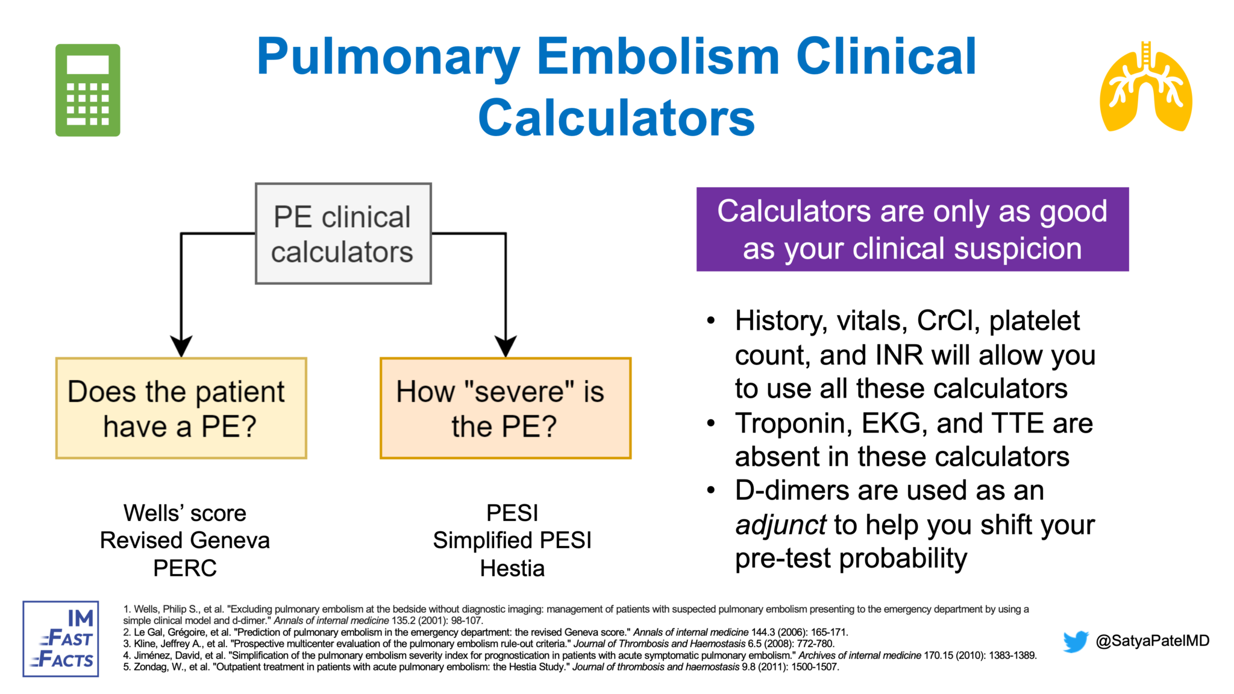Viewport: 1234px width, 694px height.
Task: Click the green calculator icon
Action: click(88, 90)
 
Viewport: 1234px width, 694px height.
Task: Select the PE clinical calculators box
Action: click(343, 234)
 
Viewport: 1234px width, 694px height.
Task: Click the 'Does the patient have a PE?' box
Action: click(181, 408)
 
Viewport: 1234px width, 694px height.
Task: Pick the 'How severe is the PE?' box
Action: click(505, 408)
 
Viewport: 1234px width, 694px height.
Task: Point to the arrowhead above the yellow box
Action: click(181, 346)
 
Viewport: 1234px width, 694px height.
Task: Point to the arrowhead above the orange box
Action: click(506, 346)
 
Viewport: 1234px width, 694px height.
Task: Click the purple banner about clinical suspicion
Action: click(912, 230)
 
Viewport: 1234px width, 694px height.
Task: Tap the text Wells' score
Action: click(185, 513)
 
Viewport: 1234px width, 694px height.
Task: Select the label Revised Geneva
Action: click(185, 540)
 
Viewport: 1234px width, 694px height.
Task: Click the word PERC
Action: click(185, 568)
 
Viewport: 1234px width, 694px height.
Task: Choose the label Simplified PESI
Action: click(512, 540)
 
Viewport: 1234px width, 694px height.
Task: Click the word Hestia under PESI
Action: click(512, 568)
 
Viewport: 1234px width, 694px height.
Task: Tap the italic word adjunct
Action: click(780, 525)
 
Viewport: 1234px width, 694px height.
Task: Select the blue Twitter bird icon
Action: click(1076, 641)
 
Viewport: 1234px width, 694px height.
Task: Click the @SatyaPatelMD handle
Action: click(1152, 640)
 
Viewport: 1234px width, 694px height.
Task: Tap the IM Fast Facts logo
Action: click(61, 639)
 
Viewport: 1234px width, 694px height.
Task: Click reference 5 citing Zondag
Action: click(481, 667)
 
